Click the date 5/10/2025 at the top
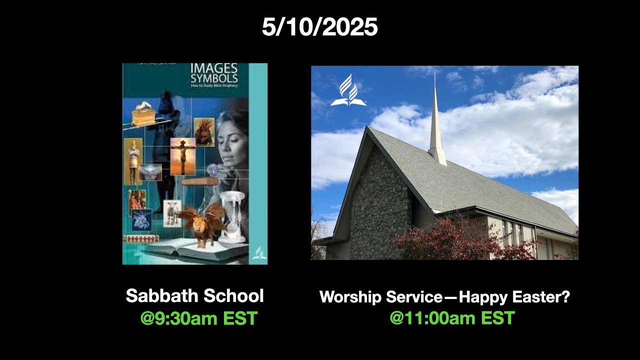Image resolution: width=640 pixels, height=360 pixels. point(319,27)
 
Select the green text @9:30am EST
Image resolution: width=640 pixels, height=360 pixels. point(198,318)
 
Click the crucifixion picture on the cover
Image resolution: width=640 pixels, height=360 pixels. point(182,156)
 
